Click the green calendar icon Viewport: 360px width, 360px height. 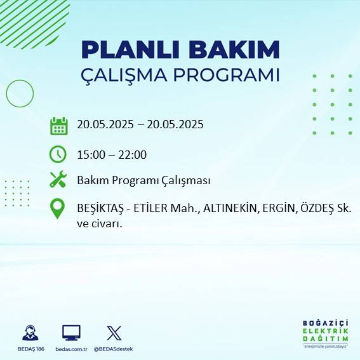click(58, 126)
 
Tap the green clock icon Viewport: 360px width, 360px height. click(58, 154)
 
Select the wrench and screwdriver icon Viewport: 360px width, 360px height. click(58, 180)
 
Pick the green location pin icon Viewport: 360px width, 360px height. click(58, 209)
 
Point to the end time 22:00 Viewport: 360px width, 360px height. click(133, 154)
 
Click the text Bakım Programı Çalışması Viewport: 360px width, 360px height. click(143, 180)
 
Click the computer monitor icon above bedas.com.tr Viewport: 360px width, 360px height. click(71, 333)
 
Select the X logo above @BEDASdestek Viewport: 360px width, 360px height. click(114, 333)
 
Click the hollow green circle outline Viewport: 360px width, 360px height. click(20, 93)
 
